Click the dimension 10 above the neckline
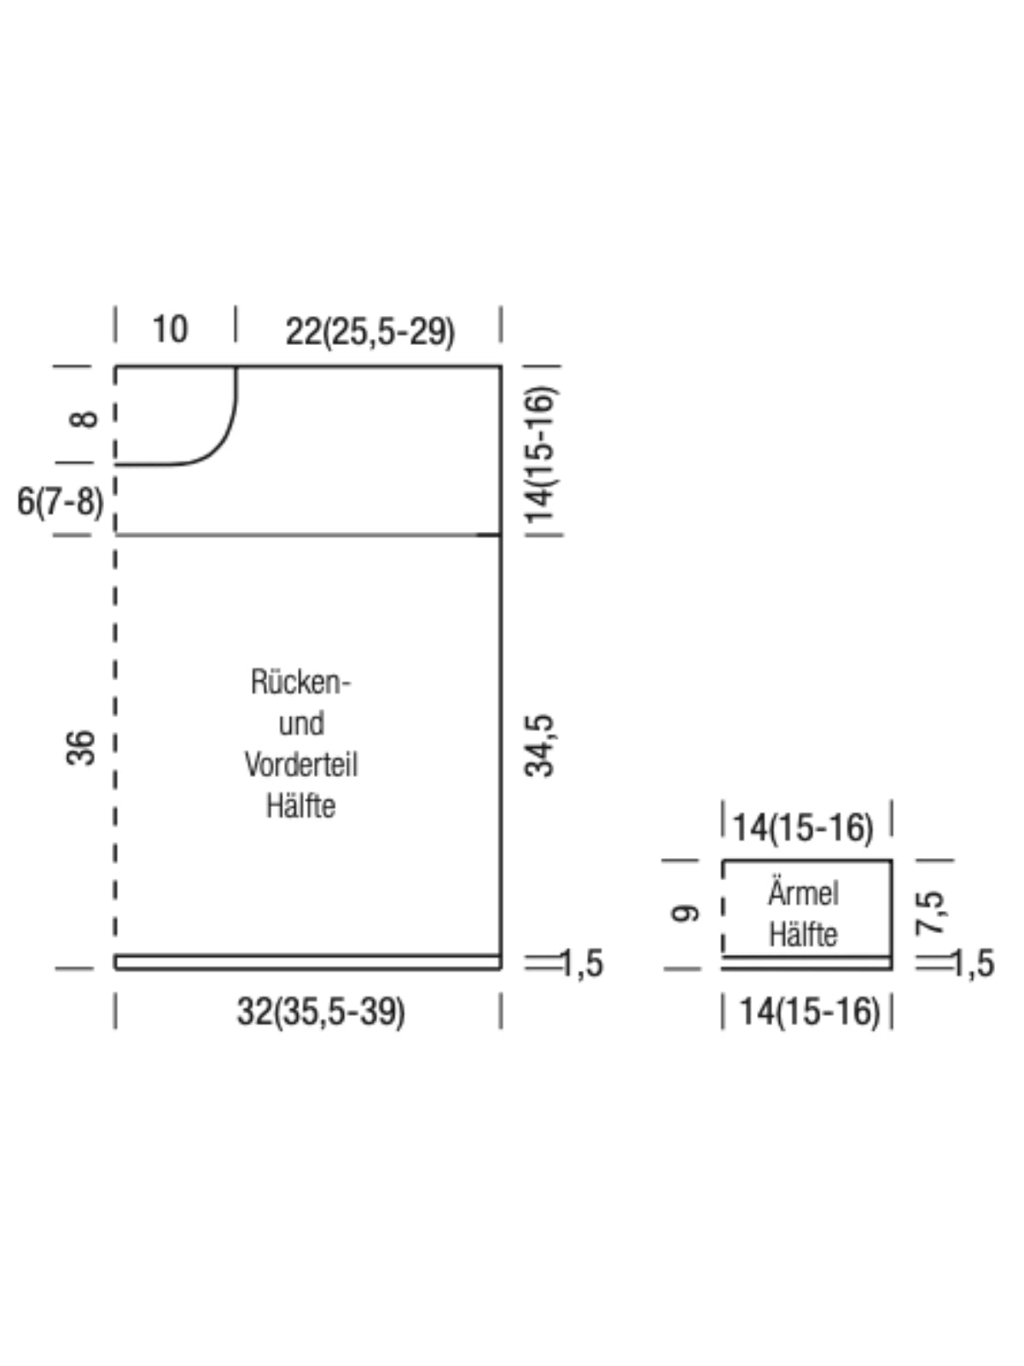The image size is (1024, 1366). [x=170, y=329]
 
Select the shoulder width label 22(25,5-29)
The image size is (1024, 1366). [x=370, y=331]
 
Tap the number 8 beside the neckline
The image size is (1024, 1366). [x=83, y=419]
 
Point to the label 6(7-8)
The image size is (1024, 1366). [x=60, y=501]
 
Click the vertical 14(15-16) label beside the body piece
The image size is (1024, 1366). [x=539, y=456]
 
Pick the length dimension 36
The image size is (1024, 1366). [x=81, y=747]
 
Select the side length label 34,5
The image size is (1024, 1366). [x=539, y=745]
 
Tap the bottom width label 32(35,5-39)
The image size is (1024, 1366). [x=321, y=1012]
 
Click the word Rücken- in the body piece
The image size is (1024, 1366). [x=301, y=681]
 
